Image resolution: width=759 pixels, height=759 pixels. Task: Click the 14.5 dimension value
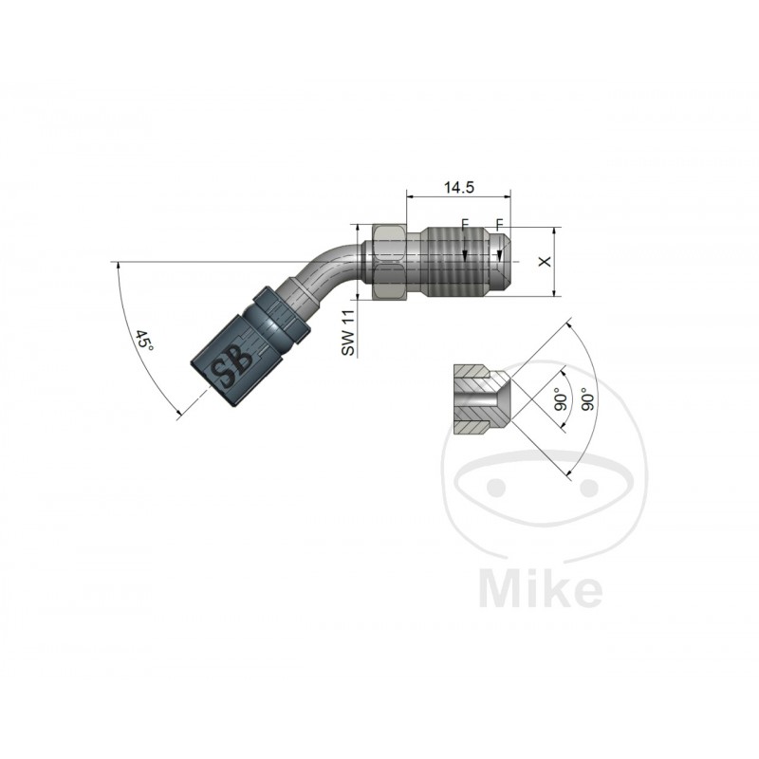click(458, 188)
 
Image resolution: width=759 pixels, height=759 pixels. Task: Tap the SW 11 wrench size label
click(348, 333)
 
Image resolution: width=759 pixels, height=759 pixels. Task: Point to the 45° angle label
click(145, 342)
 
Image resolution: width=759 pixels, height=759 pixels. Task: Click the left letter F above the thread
click(465, 226)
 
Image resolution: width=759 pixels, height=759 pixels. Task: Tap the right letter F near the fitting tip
click(499, 226)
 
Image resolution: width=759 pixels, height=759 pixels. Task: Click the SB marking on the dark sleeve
click(231, 370)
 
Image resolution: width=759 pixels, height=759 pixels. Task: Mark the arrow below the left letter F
click(465, 253)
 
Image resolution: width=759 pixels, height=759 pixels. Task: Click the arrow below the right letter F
click(500, 253)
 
